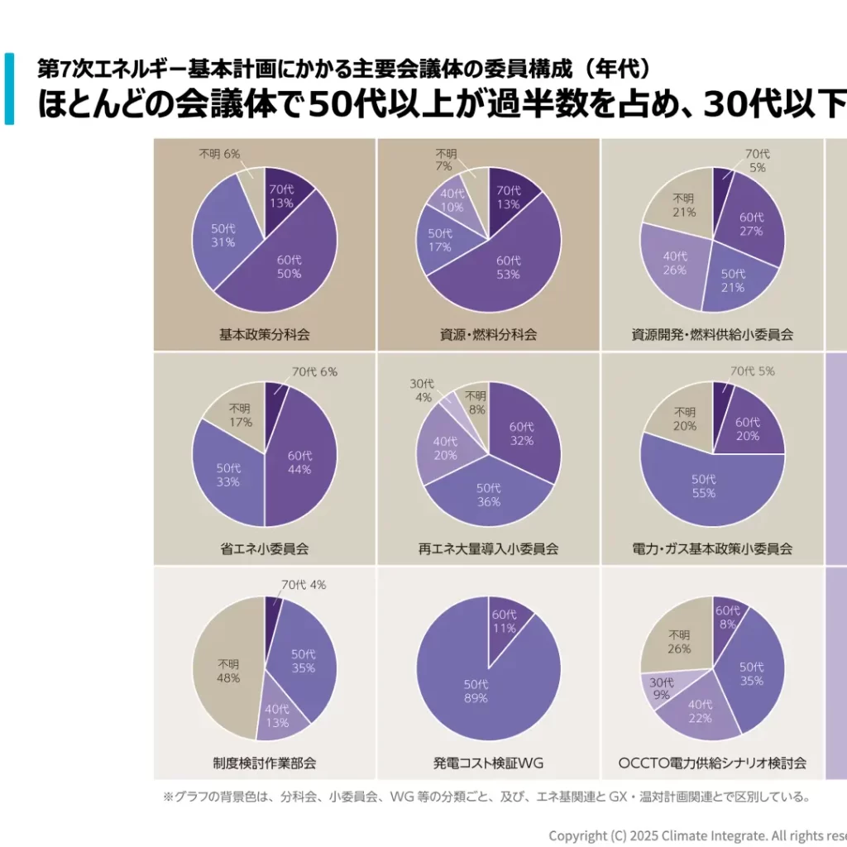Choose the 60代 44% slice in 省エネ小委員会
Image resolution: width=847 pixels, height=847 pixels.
click(299, 463)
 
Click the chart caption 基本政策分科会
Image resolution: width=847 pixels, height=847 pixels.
click(265, 335)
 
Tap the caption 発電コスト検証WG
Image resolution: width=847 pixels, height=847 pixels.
click(488, 763)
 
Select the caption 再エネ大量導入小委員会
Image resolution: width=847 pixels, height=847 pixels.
click(488, 548)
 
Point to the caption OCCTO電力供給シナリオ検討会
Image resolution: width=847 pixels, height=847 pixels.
click(712, 763)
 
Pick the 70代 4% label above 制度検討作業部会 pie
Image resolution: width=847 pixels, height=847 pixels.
click(304, 585)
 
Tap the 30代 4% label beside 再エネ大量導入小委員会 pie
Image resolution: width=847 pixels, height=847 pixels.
click(422, 390)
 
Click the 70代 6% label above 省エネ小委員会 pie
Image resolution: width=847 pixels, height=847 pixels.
click(314, 371)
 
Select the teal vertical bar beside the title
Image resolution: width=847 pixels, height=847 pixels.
click(9, 89)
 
